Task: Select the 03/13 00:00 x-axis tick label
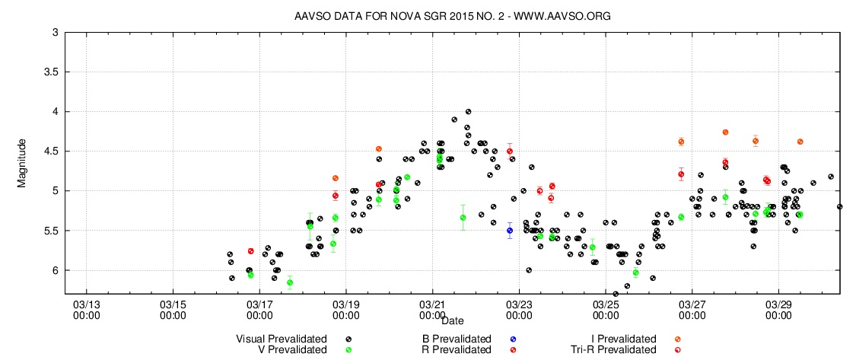coord(86,308)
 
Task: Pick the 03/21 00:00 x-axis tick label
coord(432,308)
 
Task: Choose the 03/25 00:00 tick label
coord(606,308)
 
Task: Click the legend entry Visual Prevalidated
coord(282,339)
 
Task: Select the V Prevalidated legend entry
coord(292,349)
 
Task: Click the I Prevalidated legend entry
coord(625,339)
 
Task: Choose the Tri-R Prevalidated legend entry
coord(613,349)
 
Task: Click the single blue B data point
coord(510,230)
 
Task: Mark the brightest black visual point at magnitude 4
coord(468,112)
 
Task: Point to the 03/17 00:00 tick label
coord(259,308)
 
